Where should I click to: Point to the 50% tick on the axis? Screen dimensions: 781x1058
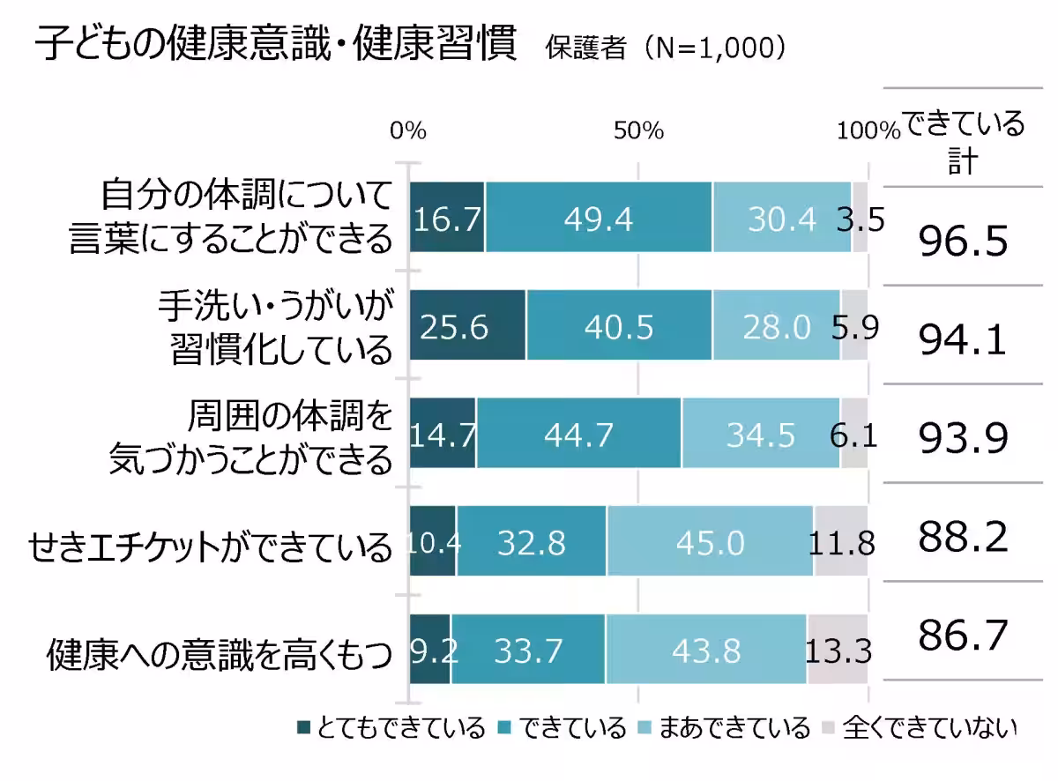tap(638, 131)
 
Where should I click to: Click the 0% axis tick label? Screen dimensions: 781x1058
tap(408, 131)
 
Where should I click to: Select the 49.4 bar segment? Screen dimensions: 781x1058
tap(599, 218)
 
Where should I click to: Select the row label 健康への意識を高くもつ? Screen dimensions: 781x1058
tap(218, 655)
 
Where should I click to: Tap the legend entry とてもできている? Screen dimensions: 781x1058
tap(391, 728)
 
